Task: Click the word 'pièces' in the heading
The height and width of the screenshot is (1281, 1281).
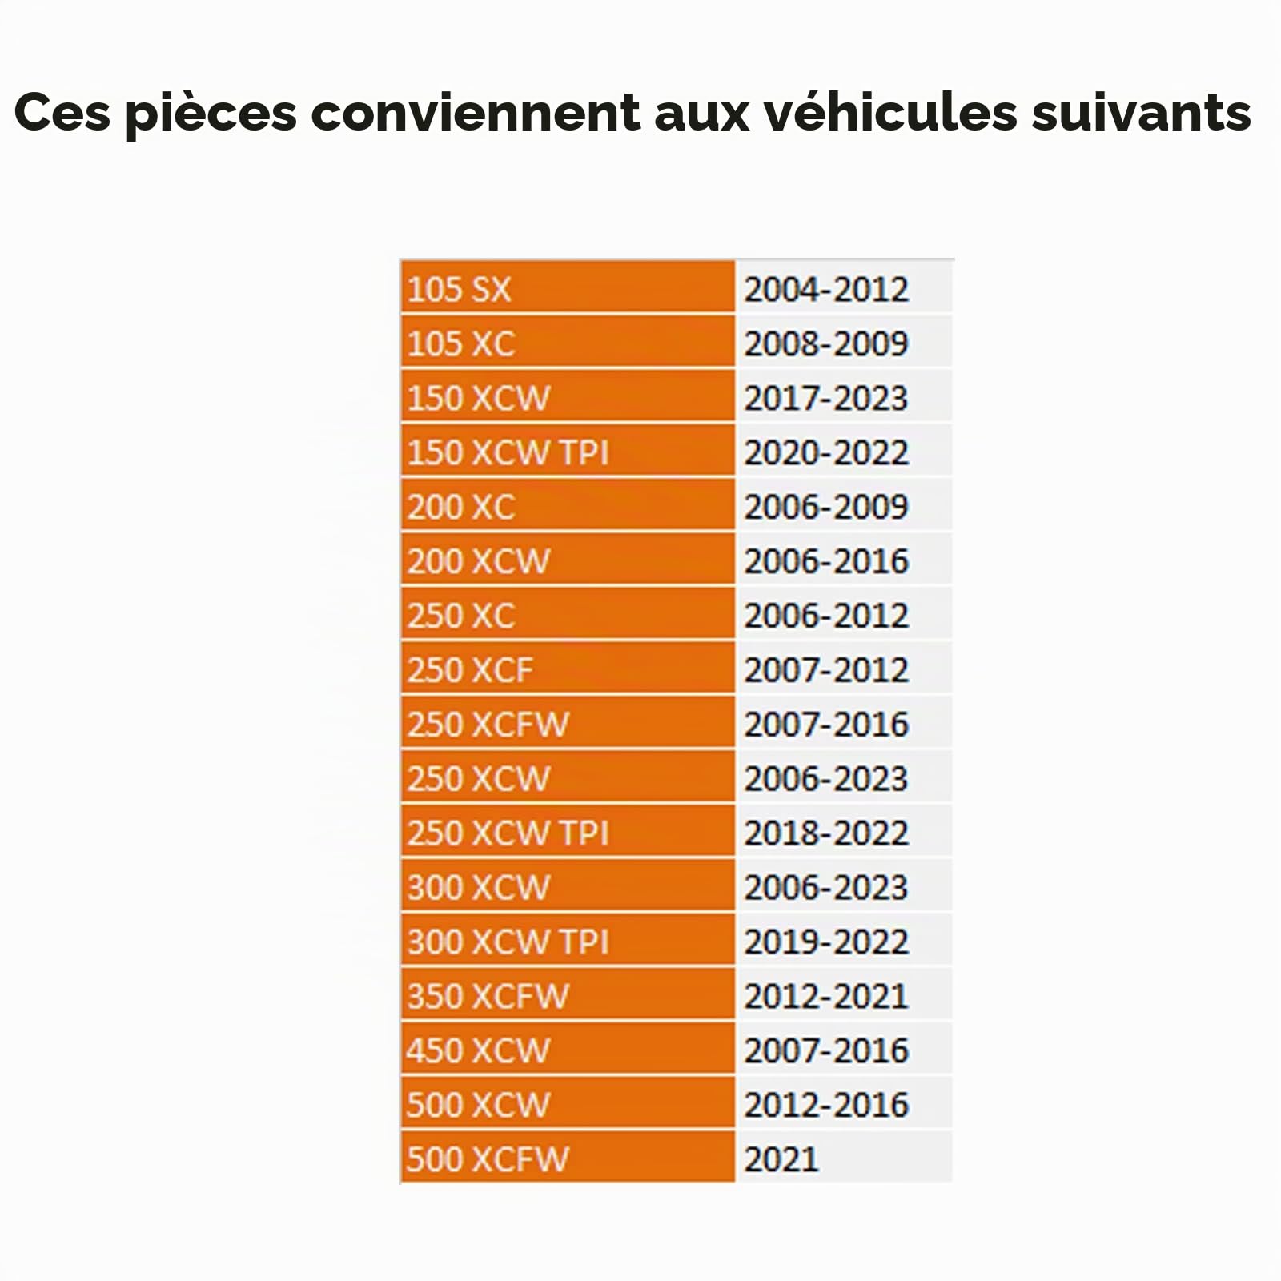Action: [x=211, y=114]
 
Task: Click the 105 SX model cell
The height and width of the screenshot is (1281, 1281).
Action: [x=568, y=287]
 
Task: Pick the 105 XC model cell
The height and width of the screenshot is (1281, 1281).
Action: [x=568, y=343]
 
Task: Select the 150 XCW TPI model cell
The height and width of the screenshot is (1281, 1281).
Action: [x=568, y=452]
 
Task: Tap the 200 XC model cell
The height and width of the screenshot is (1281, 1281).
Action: [x=568, y=506]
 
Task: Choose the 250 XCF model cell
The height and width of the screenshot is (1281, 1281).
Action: [x=568, y=669]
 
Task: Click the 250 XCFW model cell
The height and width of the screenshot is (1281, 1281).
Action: [x=568, y=723]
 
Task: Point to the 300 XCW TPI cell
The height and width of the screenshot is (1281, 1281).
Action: [x=568, y=941]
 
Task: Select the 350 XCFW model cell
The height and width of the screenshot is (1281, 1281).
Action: [x=568, y=995]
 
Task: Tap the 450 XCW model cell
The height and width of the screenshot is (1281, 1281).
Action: [x=568, y=1050]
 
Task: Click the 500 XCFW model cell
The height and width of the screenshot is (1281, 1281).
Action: [x=568, y=1158]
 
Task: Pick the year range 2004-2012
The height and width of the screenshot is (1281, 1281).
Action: [x=826, y=289]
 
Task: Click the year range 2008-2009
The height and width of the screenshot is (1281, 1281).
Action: [x=826, y=343]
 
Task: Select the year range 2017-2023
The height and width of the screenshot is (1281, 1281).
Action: [x=826, y=398]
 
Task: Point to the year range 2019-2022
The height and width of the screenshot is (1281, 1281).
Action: [x=826, y=942]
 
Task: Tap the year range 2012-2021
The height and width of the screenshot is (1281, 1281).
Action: [x=826, y=996]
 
